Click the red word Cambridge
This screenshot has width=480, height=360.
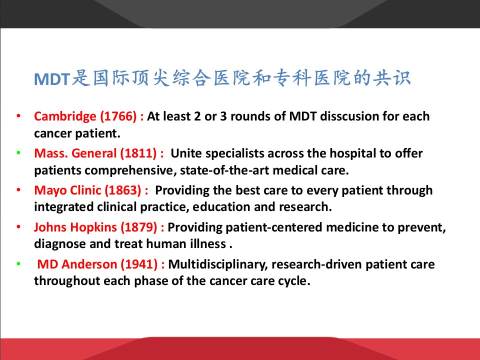[65, 116]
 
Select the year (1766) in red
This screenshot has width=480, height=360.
[118, 116]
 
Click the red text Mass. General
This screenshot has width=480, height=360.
[75, 153]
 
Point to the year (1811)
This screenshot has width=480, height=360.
[138, 153]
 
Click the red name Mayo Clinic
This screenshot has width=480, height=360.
[67, 190]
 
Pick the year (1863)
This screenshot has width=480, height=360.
[123, 190]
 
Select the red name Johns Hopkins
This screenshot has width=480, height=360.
[75, 227]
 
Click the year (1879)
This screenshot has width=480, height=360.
[139, 227]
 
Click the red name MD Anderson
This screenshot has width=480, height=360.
[77, 264]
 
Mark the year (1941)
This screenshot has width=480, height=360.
[139, 264]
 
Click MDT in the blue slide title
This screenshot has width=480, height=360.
[52, 79]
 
